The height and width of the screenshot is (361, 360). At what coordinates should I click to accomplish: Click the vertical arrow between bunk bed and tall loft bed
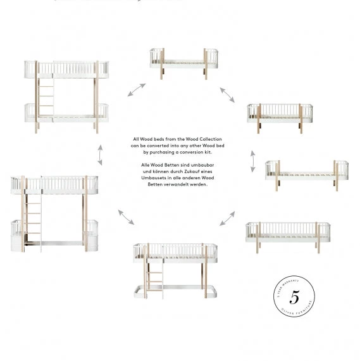tap(99, 153)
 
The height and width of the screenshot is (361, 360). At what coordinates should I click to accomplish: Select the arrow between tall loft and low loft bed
tap(126, 217)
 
